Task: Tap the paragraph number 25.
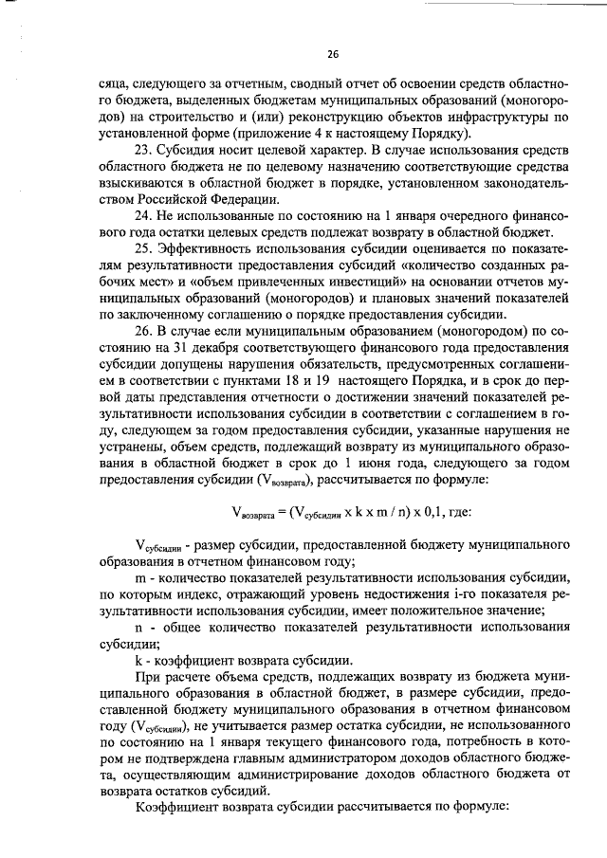click(146, 249)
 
